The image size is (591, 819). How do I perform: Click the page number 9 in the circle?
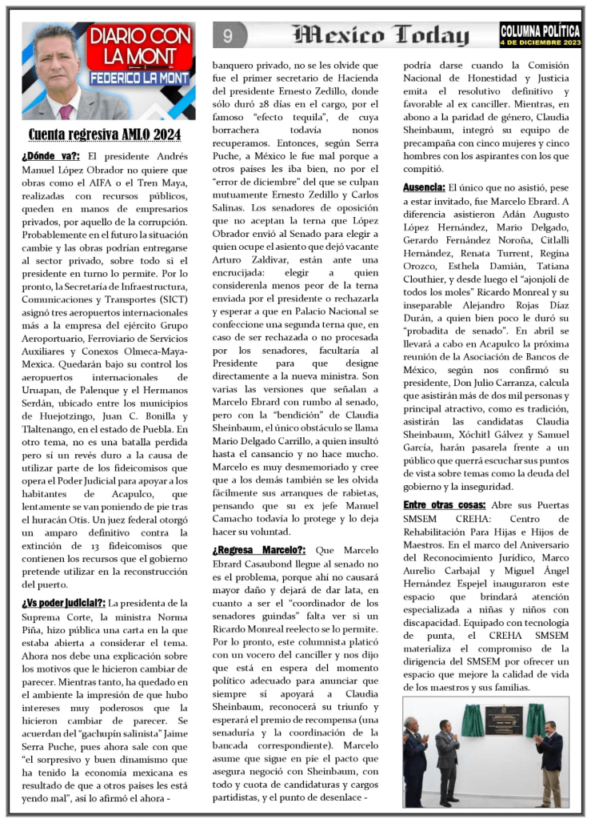[228, 35]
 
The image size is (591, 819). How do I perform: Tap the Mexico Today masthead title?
[381, 35]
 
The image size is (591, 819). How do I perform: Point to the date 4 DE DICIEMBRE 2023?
[539, 42]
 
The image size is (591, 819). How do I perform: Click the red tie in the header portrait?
[65, 111]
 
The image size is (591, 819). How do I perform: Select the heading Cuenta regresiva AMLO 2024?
[105, 134]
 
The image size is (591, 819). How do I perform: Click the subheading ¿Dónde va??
[50, 155]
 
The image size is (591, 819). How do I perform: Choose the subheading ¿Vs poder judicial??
[63, 603]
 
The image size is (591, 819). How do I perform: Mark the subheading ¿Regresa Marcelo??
[259, 550]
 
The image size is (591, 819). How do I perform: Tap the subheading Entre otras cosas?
[444, 505]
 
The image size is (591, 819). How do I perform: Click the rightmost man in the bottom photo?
[551, 761]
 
